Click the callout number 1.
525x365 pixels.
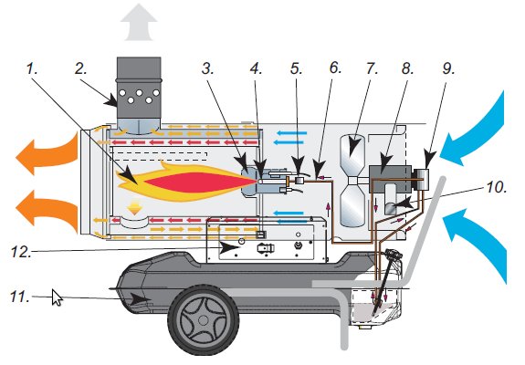click(32, 69)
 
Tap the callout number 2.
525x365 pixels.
click(80, 69)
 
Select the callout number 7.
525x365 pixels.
click(372, 69)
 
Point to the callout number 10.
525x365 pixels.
click(496, 187)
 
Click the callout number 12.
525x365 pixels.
click(21, 252)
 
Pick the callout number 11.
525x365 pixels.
click(20, 297)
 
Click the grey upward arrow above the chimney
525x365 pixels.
click(139, 22)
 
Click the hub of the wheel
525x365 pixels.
click(204, 320)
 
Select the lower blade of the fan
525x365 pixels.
click(352, 205)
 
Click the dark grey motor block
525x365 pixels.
click(391, 179)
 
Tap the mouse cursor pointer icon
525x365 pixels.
click(57, 297)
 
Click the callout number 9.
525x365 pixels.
click(448, 69)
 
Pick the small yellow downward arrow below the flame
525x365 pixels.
click(134, 207)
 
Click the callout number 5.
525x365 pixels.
click(297, 69)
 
